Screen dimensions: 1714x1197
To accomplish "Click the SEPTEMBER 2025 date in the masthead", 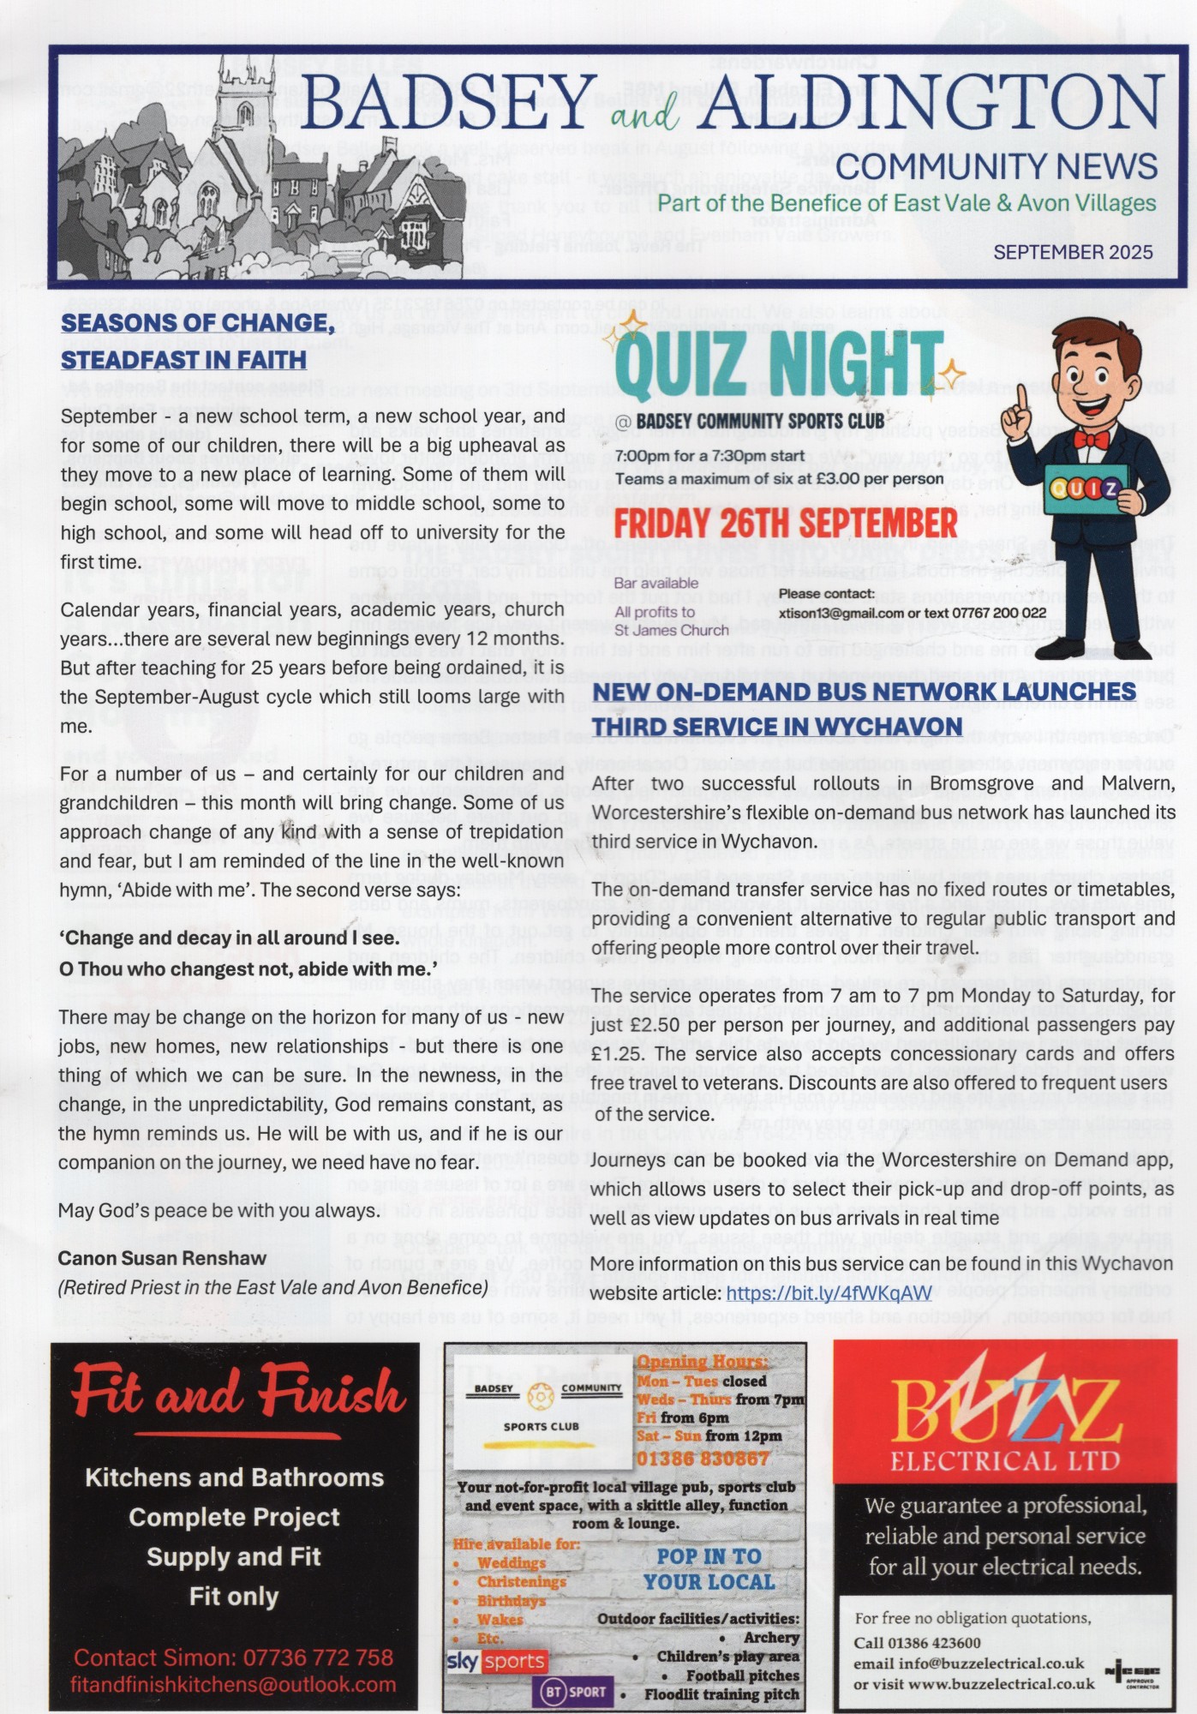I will (x=1073, y=252).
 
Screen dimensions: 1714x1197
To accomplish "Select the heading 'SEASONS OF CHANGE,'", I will (x=197, y=322).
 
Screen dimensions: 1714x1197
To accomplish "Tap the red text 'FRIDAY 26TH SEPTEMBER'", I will (x=785, y=524).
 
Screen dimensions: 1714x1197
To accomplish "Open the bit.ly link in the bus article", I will (x=829, y=1293).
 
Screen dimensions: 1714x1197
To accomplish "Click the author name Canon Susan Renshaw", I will (x=162, y=1258).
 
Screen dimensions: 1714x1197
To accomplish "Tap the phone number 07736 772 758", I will (x=319, y=1657).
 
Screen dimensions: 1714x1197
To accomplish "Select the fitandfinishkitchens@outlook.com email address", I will (x=233, y=1684).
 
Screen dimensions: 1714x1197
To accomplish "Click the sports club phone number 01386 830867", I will (x=703, y=1458).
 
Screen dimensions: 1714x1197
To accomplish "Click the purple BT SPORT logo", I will (x=573, y=1692).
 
